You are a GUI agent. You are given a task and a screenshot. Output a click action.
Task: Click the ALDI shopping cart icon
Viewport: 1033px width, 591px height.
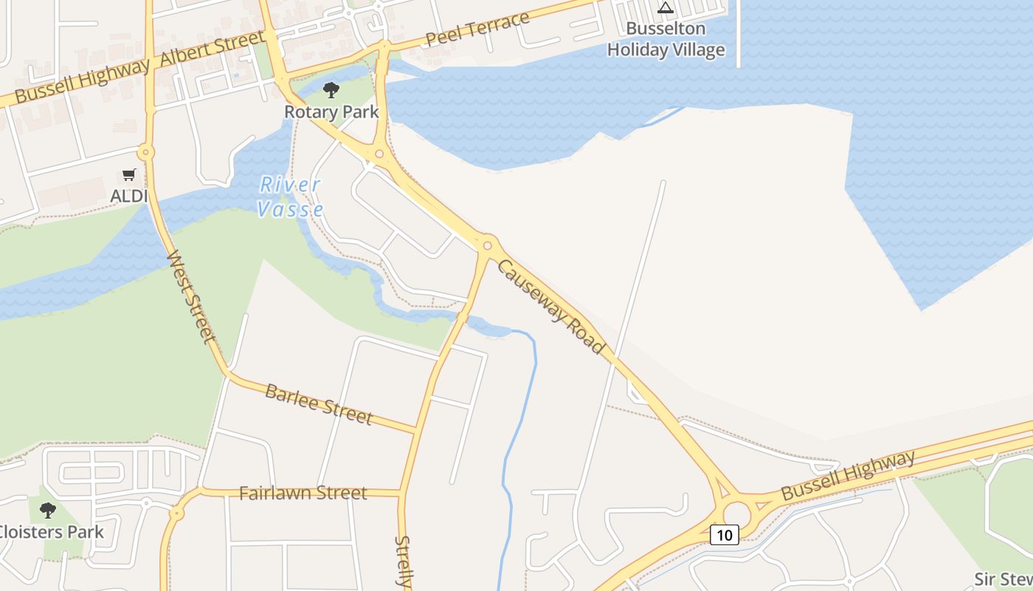(x=129, y=175)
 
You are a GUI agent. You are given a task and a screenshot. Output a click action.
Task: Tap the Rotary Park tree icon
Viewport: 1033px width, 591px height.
(x=331, y=90)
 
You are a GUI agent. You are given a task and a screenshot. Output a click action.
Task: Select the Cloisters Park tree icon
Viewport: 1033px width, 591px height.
(x=48, y=510)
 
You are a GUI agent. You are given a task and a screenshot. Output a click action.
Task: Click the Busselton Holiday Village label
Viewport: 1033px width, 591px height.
(x=666, y=39)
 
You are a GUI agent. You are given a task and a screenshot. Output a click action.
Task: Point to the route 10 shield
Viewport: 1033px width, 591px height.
(x=725, y=534)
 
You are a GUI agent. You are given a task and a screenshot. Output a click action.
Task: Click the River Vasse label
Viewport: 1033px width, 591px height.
(x=290, y=197)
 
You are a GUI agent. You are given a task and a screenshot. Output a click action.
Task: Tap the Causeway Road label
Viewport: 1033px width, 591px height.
(x=550, y=307)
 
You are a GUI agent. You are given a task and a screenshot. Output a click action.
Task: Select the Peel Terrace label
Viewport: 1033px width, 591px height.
(x=477, y=30)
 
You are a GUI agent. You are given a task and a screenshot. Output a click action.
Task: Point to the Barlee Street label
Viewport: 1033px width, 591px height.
(x=319, y=404)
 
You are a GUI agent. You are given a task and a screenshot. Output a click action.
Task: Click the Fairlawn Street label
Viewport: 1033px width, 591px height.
(x=303, y=493)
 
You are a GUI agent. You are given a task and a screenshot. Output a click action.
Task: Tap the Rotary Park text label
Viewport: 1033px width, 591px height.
(x=331, y=112)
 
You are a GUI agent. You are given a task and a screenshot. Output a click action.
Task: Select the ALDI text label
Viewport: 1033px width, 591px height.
(x=129, y=196)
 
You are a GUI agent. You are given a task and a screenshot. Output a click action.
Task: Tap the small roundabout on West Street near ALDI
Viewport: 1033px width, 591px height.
(x=146, y=153)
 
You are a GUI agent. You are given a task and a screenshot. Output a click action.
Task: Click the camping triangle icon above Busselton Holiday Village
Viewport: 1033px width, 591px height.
(x=666, y=8)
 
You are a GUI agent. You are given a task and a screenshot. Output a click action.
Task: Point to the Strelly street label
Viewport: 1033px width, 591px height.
(x=403, y=561)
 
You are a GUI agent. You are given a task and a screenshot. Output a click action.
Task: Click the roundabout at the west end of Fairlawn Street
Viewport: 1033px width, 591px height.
(x=176, y=512)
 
